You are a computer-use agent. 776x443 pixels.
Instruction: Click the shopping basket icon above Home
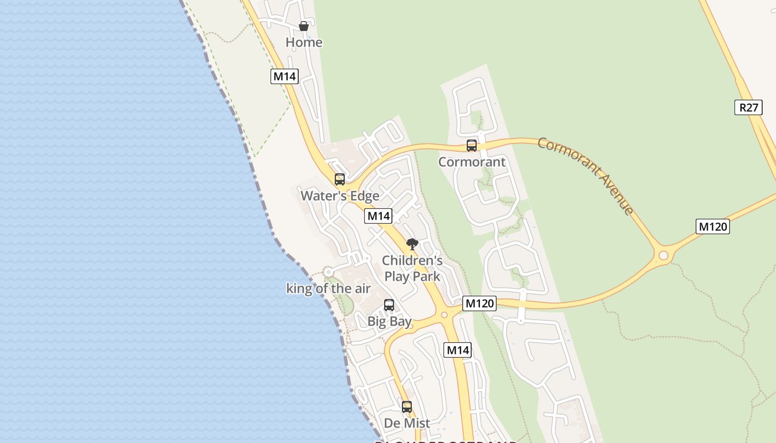[304, 26]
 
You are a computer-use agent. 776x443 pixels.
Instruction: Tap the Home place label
[304, 42]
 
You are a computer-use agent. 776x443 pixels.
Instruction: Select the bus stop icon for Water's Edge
[340, 179]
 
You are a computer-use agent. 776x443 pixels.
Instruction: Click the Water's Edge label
[340, 195]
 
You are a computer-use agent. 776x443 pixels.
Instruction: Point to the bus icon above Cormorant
[472, 146]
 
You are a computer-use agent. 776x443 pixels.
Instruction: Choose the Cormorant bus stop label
[472, 162]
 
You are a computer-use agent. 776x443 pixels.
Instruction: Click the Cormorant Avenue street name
[586, 176]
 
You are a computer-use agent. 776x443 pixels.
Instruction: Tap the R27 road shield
[748, 107]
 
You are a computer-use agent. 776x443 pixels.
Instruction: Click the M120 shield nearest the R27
[712, 226]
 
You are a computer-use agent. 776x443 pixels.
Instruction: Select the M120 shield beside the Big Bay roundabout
[479, 303]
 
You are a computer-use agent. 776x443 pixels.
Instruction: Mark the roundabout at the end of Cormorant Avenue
[663, 255]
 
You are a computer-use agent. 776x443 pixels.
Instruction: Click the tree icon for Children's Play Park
[412, 244]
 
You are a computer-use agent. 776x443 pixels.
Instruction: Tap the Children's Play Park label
[412, 268]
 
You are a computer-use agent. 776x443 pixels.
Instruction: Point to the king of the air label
[328, 289]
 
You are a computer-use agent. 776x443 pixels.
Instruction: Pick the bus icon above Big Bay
[389, 305]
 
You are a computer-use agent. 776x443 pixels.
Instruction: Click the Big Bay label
[389, 321]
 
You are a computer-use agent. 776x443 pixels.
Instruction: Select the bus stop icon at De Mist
[407, 407]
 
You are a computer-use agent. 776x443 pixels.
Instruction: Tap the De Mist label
[407, 423]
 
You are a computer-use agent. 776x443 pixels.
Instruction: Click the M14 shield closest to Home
[284, 76]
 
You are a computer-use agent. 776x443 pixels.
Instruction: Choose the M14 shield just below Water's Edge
[378, 216]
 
